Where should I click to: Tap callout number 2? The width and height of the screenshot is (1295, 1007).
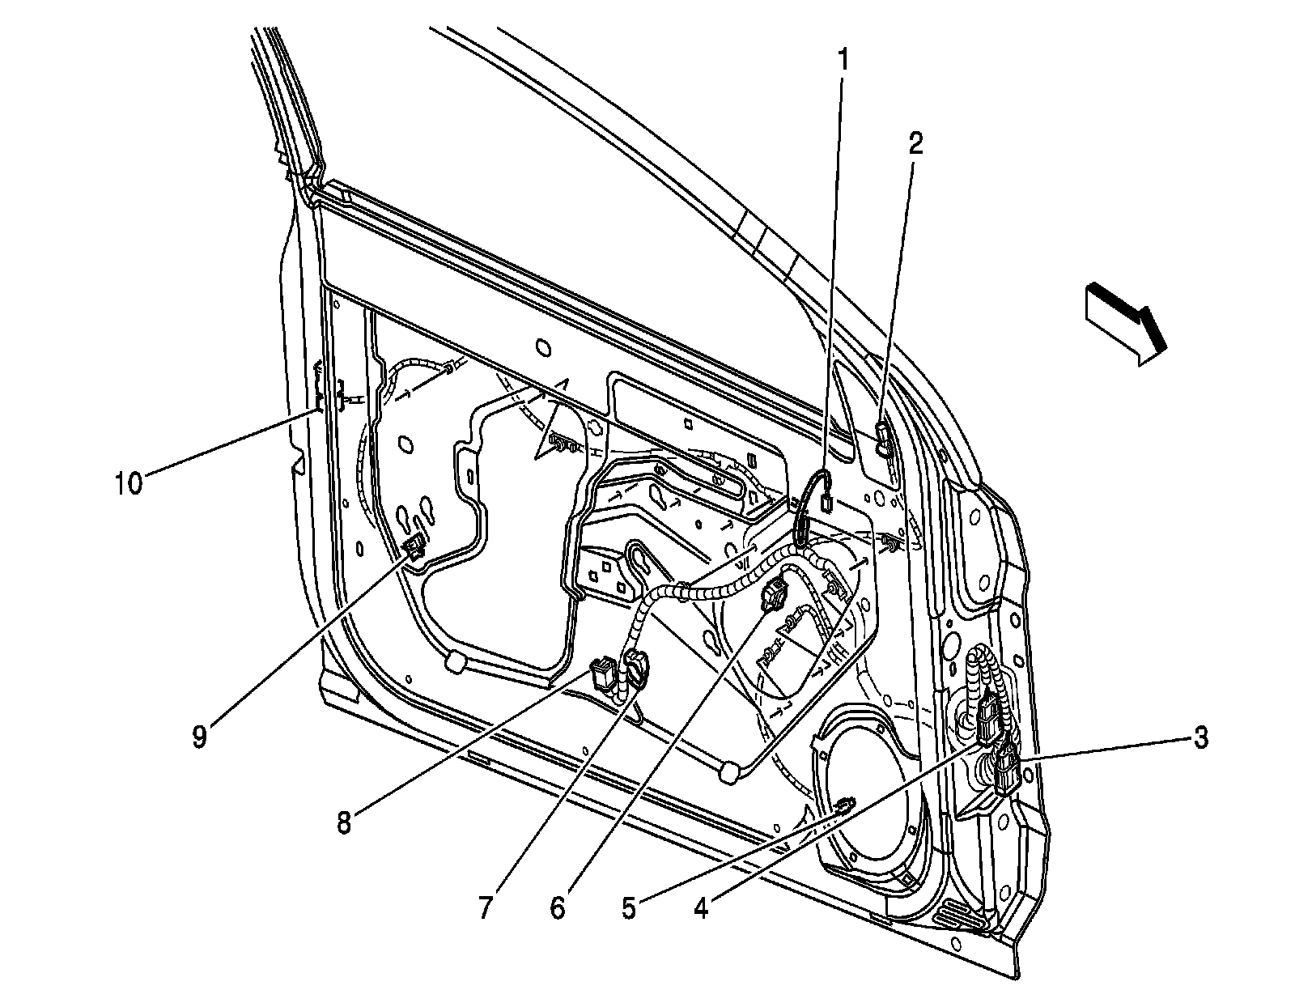[915, 144]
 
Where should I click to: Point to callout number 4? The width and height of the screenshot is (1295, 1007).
[701, 909]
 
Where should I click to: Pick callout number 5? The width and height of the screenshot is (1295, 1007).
[629, 908]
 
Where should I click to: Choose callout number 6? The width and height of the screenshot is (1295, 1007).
[558, 908]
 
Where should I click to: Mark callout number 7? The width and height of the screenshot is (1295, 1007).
[485, 908]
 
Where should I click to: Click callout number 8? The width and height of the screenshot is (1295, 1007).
[344, 824]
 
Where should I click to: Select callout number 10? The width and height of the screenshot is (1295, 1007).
[128, 483]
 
